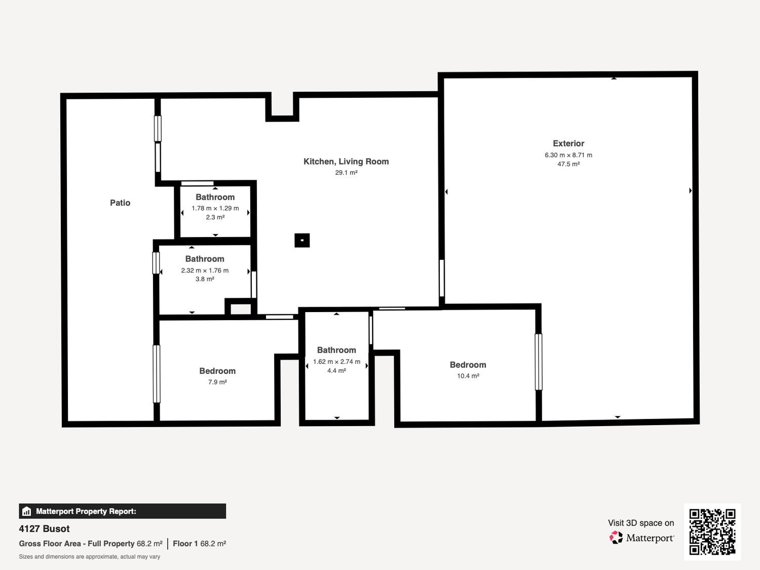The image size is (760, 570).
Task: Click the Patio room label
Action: [x=120, y=203]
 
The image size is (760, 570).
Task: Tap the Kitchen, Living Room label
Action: [x=346, y=162]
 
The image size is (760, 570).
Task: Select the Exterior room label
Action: [x=568, y=143]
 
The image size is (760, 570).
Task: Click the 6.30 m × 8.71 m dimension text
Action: [x=568, y=155]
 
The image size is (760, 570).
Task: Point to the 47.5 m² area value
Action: [x=568, y=164]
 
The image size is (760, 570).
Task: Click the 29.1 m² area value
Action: [x=346, y=173]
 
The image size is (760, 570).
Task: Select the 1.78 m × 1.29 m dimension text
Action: [x=215, y=208]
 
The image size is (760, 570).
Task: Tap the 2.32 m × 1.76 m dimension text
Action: [x=205, y=270]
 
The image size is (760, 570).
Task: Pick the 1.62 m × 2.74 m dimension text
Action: [x=336, y=362]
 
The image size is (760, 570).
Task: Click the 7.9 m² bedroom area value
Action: [x=217, y=382]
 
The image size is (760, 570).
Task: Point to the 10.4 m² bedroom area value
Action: [x=468, y=376]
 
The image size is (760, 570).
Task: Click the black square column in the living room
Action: [x=302, y=240]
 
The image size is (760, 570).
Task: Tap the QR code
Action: [x=712, y=532]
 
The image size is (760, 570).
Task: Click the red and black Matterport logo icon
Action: [x=616, y=538]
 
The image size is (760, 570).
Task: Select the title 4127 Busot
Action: [x=44, y=529]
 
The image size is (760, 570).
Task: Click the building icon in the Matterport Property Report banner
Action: [x=27, y=511]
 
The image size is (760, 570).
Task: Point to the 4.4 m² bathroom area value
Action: [x=336, y=371]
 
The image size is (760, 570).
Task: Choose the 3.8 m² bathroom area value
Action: [x=205, y=279]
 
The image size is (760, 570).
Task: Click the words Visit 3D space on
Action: [x=641, y=523]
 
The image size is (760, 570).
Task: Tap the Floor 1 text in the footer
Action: [x=185, y=544]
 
